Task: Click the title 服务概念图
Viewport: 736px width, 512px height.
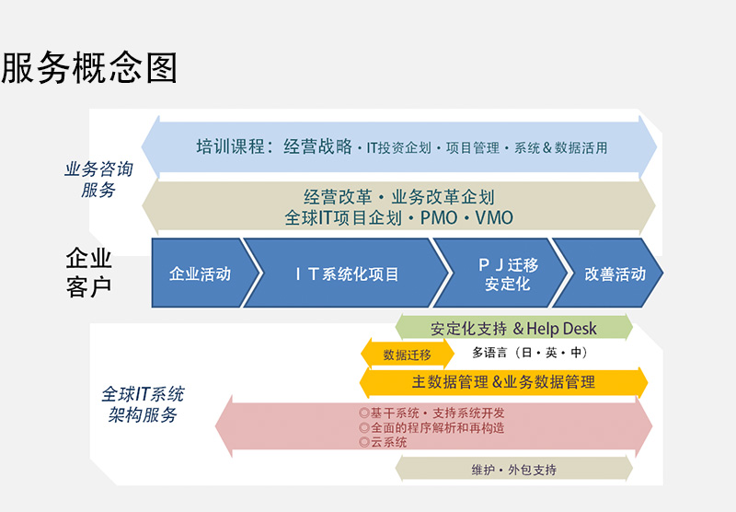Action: pos(88,68)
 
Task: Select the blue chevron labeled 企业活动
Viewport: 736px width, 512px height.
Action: pos(201,273)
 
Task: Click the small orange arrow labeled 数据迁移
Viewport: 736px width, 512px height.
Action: pos(408,355)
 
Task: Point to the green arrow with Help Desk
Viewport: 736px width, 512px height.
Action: pos(513,328)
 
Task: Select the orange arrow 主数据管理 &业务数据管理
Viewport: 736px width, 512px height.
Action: pos(503,382)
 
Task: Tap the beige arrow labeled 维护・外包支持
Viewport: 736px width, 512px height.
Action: pos(514,470)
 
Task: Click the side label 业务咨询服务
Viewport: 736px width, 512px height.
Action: pos(98,180)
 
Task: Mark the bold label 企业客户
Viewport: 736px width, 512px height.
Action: pos(88,273)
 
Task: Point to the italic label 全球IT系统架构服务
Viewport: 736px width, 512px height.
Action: pos(143,404)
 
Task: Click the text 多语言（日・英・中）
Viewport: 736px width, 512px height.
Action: pos(530,353)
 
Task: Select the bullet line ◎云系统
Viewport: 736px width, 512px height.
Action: pos(383,442)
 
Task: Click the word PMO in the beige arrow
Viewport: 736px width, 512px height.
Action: pos(439,218)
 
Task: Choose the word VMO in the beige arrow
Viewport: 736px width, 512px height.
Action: pos(494,218)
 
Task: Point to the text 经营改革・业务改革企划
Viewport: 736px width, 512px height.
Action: pos(399,197)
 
